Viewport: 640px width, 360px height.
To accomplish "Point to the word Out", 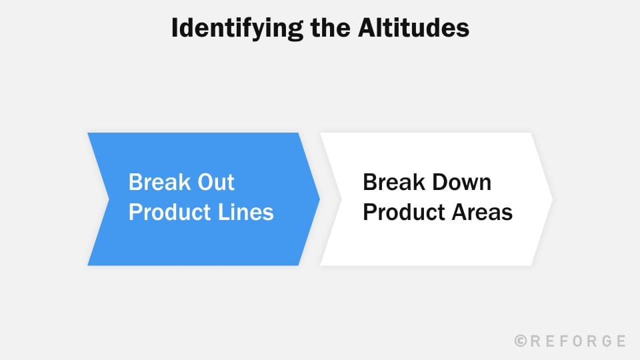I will pos(214,183).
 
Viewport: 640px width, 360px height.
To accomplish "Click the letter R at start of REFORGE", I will pos(536,341).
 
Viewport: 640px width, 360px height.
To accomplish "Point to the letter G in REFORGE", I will pos(605,341).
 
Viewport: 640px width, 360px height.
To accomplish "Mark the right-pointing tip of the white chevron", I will pos(551,199).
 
